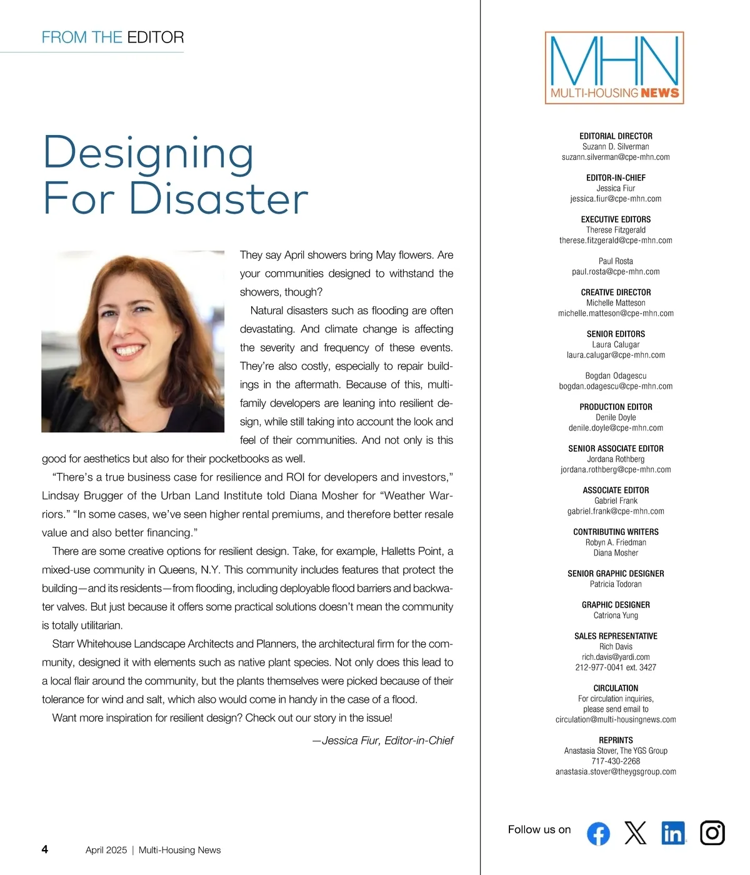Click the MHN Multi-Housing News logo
[x=614, y=67]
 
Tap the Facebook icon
[x=598, y=833]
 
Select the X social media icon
[x=636, y=833]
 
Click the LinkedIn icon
[x=673, y=833]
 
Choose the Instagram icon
[x=712, y=833]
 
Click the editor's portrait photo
[x=132, y=341]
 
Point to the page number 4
[x=44, y=849]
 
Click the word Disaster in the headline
[x=219, y=199]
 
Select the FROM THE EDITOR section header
[x=112, y=37]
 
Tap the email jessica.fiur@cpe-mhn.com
[x=616, y=199]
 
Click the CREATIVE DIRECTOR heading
[x=616, y=292]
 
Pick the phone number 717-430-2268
[x=616, y=761]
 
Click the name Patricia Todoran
[x=616, y=584]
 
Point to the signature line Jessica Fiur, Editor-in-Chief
[x=383, y=741]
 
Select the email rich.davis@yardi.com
[x=616, y=657]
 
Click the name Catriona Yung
[x=616, y=616]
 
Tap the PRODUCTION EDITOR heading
[x=616, y=407]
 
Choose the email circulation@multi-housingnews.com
[x=616, y=719]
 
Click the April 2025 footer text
[x=106, y=850]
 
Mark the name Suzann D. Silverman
[x=616, y=147]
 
